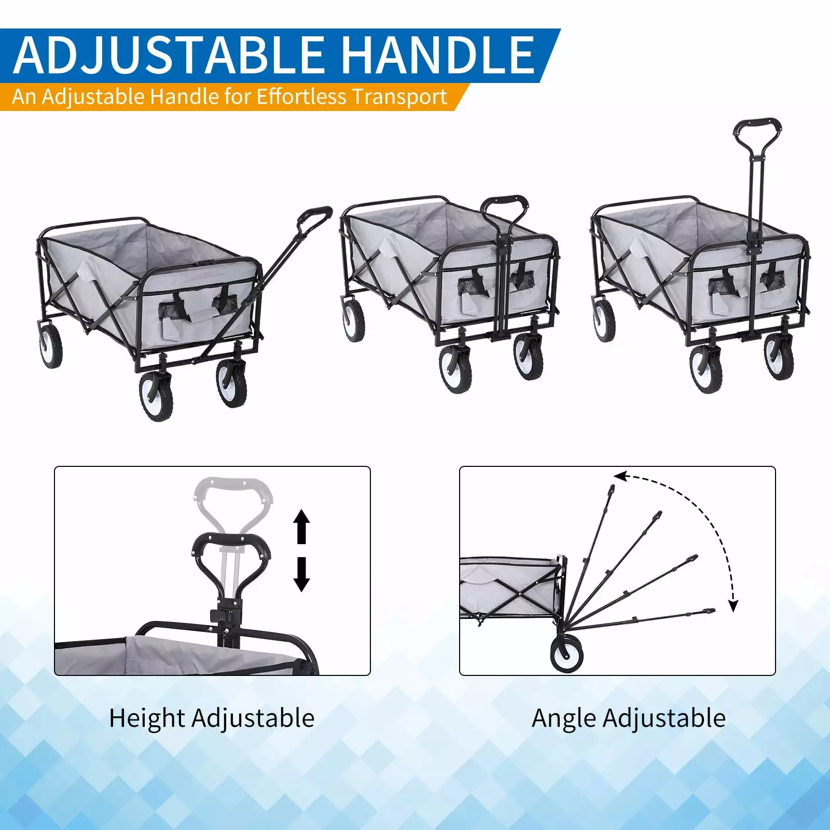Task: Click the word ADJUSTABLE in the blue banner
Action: pyautogui.click(x=169, y=55)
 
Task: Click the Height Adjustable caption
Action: pyautogui.click(x=212, y=719)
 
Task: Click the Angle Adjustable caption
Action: pyautogui.click(x=629, y=719)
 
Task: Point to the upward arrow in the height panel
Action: pyautogui.click(x=301, y=526)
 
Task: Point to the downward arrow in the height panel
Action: pyautogui.click(x=301, y=574)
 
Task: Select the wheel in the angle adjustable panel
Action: pyautogui.click(x=566, y=654)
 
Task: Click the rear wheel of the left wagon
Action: pyautogui.click(x=50, y=346)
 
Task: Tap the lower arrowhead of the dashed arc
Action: pyautogui.click(x=733, y=605)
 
